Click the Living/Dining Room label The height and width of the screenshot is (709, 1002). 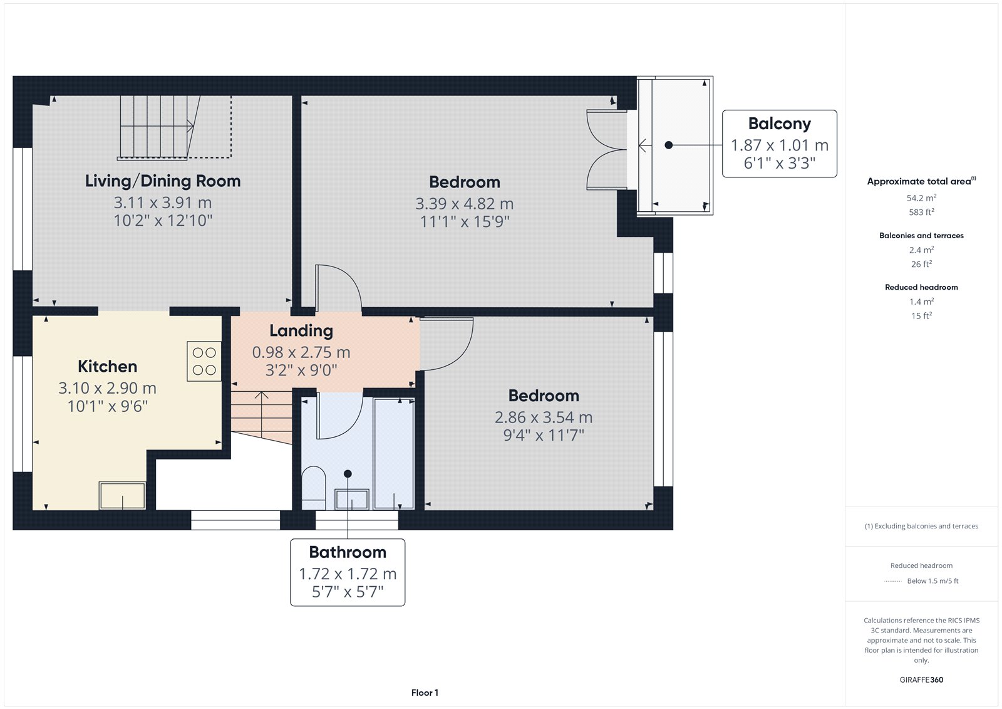pyautogui.click(x=163, y=181)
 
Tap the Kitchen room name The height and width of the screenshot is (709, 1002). pyautogui.click(x=107, y=366)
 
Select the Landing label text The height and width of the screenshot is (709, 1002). pyautogui.click(x=301, y=331)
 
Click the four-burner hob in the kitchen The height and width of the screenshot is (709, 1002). pyautogui.click(x=204, y=362)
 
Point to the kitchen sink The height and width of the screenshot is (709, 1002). pyautogui.click(x=122, y=495)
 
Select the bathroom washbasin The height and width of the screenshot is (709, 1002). pyautogui.click(x=352, y=500)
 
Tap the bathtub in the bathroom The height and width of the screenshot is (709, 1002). pyautogui.click(x=394, y=454)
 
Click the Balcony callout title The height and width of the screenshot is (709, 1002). pyautogui.click(x=779, y=123)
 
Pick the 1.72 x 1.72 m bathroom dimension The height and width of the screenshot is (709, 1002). pyautogui.click(x=348, y=574)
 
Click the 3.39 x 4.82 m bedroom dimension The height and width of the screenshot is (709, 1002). pyautogui.click(x=464, y=204)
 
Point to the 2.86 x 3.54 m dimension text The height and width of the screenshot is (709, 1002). pyautogui.click(x=544, y=418)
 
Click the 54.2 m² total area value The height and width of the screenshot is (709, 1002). pyautogui.click(x=921, y=197)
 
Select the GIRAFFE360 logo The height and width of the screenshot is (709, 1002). pyautogui.click(x=921, y=680)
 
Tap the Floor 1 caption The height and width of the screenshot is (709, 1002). pyautogui.click(x=425, y=693)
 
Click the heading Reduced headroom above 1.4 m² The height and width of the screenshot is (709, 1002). pyautogui.click(x=921, y=287)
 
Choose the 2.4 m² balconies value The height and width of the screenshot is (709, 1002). pyautogui.click(x=921, y=249)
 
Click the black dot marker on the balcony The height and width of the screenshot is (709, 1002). pyautogui.click(x=669, y=145)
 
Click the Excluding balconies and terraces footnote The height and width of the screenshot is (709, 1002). pyautogui.click(x=921, y=526)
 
